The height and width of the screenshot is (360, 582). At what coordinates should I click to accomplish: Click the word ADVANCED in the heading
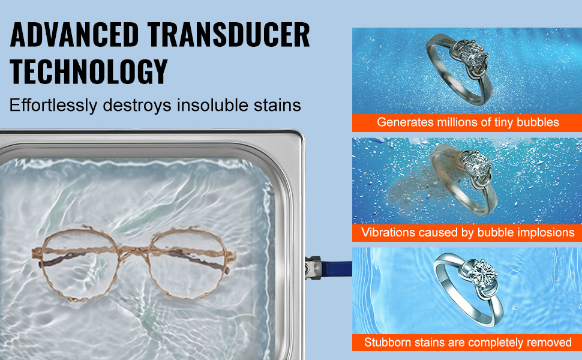[74, 35]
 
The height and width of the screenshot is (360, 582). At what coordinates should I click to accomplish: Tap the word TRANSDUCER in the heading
[228, 35]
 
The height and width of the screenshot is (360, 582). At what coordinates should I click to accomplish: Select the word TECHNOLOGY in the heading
[89, 71]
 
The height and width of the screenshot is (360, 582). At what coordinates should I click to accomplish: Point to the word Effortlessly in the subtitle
[53, 105]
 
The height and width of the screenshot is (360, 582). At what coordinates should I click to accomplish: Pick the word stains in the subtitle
[277, 105]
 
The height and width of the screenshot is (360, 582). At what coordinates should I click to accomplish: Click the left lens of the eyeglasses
[79, 264]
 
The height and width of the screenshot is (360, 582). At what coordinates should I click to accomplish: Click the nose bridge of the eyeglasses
[134, 253]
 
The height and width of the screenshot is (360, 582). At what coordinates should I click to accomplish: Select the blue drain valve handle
[336, 268]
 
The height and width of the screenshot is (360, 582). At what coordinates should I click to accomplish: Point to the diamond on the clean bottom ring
[482, 274]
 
